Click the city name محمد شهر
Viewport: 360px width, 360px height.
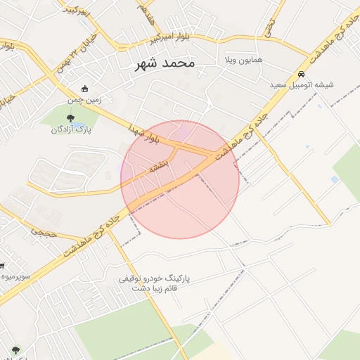click(x=165, y=64)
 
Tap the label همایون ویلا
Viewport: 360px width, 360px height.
click(x=243, y=60)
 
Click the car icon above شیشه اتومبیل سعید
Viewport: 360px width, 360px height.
click(x=301, y=75)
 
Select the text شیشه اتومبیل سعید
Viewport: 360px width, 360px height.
click(x=302, y=85)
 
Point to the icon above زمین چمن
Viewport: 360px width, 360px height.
click(x=85, y=89)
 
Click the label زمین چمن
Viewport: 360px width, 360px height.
click(x=85, y=100)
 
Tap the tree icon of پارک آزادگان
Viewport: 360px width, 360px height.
click(x=69, y=119)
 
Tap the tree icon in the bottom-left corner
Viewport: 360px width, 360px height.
click(x=15, y=349)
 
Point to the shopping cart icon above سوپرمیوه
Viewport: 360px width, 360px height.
click(x=2, y=266)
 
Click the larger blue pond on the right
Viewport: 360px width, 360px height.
click(x=334, y=179)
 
